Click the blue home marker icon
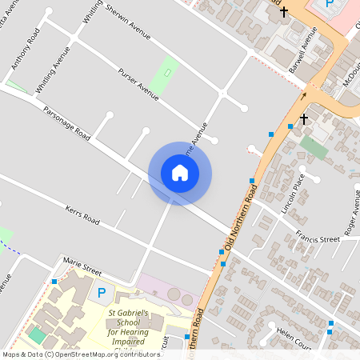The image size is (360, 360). tap(180, 173)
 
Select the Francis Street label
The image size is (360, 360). tap(318, 239)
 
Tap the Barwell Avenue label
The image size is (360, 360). tap(303, 50)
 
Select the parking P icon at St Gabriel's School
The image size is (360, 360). tap(101, 294)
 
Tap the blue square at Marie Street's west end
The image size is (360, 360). tap(54, 281)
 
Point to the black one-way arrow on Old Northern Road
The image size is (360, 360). tap(303, 95)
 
